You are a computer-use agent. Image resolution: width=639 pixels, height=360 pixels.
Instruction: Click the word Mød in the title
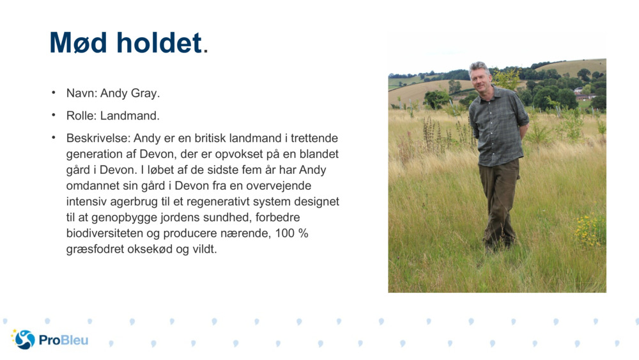pos(79,43)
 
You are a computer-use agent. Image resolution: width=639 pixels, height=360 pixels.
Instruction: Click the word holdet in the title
pos(158,43)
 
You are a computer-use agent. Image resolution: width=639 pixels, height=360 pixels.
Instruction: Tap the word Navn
pos(81,93)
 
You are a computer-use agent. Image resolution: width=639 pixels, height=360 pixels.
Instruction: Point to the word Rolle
pos(81,116)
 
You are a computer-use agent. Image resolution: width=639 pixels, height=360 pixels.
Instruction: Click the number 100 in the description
pos(285,233)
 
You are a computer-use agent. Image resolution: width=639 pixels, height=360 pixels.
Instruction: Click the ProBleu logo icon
pos(24,340)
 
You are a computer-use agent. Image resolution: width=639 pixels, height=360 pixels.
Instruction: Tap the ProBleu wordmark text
pos(63,340)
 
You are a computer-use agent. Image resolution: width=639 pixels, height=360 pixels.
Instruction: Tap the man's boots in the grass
pos(498,244)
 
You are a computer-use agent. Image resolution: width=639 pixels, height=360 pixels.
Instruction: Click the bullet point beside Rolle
pos(54,115)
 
